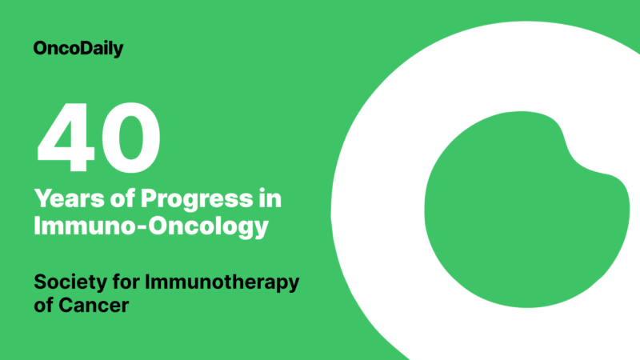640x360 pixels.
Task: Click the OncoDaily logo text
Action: click(x=78, y=49)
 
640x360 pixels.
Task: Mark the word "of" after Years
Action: click(x=108, y=198)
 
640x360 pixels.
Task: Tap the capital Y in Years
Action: click(x=42, y=198)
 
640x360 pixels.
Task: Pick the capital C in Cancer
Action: click(x=68, y=306)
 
